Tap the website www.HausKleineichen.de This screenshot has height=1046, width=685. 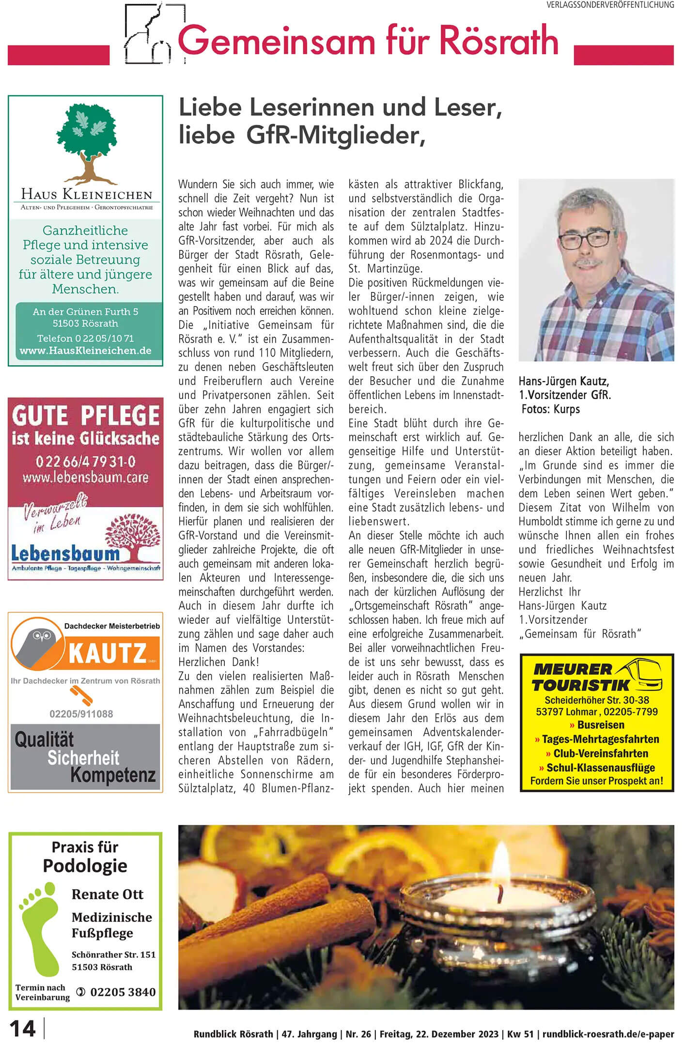tap(85, 351)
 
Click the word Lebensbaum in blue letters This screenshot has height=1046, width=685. tap(65, 553)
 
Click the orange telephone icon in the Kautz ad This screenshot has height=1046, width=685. tap(81, 695)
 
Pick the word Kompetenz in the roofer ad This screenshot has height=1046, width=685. tap(112, 775)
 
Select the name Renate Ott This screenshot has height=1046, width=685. tap(107, 894)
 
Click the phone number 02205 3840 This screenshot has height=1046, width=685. tap(123, 992)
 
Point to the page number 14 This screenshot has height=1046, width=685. tap(22, 1029)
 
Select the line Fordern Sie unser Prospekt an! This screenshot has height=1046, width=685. tap(596, 781)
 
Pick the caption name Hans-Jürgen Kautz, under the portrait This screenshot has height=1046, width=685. tap(563, 381)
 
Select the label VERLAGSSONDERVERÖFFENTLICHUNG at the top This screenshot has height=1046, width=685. tap(610, 5)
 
